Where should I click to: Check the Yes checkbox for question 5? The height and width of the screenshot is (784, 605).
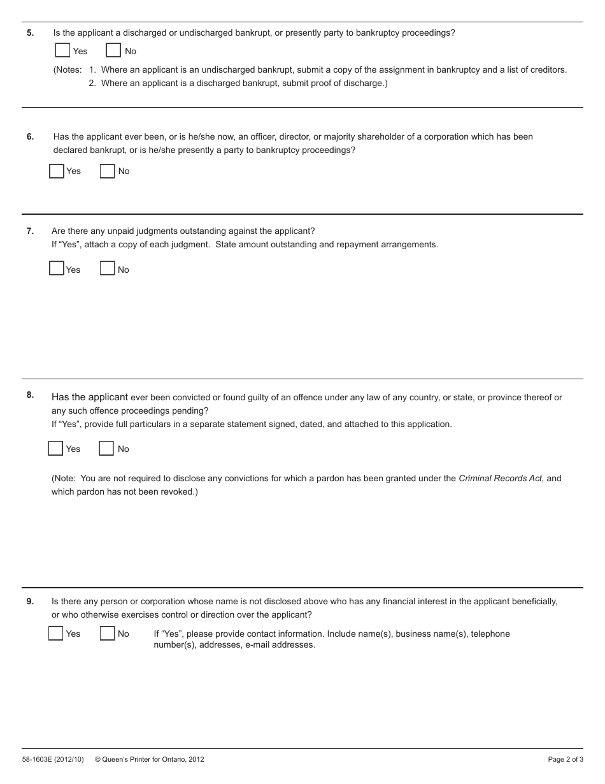tap(62, 50)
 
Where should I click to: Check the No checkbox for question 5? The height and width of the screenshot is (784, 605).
tap(113, 50)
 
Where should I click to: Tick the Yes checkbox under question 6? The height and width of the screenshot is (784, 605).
tap(57, 171)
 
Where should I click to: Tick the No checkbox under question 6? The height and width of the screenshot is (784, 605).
tap(108, 171)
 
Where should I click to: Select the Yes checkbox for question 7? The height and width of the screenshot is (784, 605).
tap(57, 268)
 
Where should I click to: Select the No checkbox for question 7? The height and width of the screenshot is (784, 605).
tap(108, 268)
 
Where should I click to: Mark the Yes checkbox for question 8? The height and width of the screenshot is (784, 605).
tap(55, 449)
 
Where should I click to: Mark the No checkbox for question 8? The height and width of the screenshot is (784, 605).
tap(106, 449)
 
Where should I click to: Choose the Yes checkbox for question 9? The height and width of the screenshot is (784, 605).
tap(56, 634)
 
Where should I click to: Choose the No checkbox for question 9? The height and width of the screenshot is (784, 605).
tap(108, 634)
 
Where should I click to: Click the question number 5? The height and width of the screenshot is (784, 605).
tap(30, 33)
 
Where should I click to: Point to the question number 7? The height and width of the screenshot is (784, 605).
tap(30, 231)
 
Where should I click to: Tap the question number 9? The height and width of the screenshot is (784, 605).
tap(30, 601)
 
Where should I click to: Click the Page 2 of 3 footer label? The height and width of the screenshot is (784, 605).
tap(566, 759)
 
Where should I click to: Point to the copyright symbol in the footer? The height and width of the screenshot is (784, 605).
tap(98, 759)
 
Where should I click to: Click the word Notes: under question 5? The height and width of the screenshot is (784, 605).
tap(68, 69)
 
